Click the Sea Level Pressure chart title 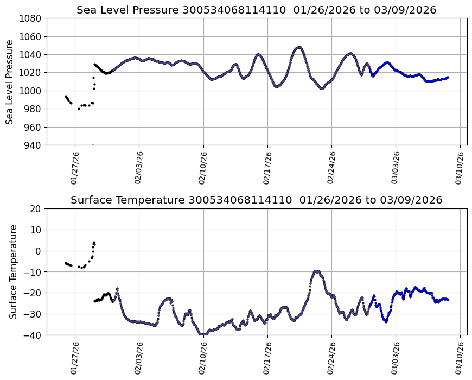point(256,10)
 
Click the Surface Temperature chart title point(256,200)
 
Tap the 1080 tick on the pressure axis point(32,18)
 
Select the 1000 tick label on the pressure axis point(32,91)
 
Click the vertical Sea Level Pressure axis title point(10,81)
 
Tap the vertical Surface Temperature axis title point(13,271)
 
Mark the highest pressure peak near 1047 point(299,48)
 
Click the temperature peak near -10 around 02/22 point(317,271)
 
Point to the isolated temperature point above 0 point(94,242)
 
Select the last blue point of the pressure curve point(448,78)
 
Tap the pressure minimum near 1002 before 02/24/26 point(322,88)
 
